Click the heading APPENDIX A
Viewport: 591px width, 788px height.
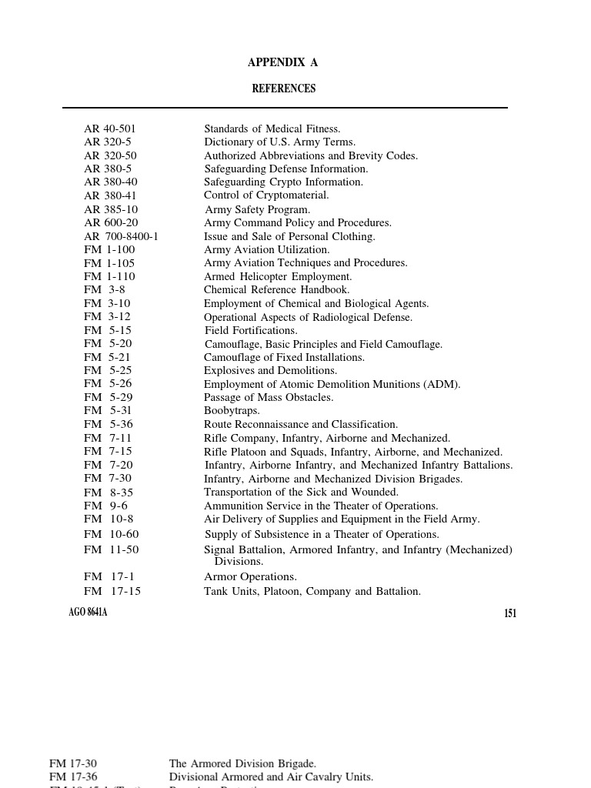tap(282, 62)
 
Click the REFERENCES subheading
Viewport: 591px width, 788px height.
tap(283, 88)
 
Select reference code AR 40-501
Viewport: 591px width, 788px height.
tap(109, 129)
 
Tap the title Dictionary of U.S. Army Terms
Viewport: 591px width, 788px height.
tap(279, 142)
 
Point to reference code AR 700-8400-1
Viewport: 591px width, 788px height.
tap(121, 236)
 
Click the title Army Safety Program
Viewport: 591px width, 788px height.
tap(257, 209)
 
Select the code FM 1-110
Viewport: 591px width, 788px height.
tap(109, 276)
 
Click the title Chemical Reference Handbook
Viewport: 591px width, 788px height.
tap(276, 290)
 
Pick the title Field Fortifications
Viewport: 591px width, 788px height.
tap(251, 330)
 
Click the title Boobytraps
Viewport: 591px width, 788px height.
tap(232, 411)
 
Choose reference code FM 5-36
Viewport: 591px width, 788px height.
tap(109, 424)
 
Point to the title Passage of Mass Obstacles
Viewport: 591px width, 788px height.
tap(269, 397)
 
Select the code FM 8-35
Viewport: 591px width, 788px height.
tap(109, 492)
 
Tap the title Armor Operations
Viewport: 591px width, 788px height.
tap(250, 576)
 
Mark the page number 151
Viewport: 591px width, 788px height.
tap(509, 613)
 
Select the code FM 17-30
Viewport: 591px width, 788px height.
tap(73, 763)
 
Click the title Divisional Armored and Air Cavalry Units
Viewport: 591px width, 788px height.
tap(271, 777)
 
